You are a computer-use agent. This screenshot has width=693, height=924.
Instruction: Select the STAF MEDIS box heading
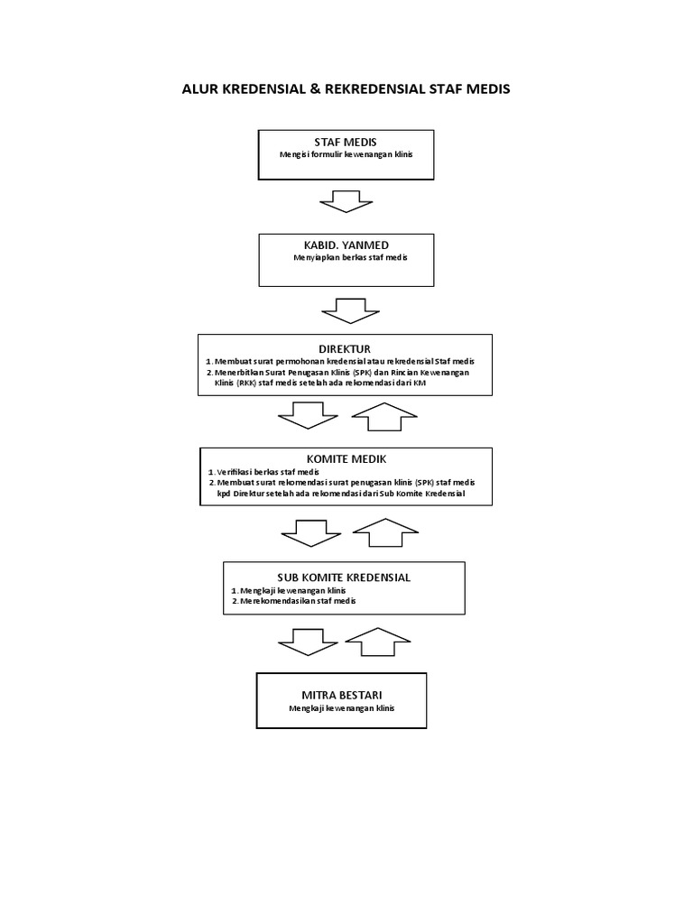[x=346, y=143]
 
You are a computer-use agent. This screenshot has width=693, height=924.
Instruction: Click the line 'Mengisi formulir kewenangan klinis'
[x=346, y=154]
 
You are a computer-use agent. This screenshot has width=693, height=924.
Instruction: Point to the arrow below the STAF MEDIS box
[x=346, y=201]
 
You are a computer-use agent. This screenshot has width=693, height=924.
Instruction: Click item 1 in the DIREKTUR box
[x=346, y=361]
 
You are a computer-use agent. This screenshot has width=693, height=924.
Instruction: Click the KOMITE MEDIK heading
[x=346, y=459]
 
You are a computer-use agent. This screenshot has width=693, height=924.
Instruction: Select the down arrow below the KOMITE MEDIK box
[x=308, y=532]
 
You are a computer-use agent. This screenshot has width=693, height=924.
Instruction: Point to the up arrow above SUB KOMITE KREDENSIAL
[x=383, y=532]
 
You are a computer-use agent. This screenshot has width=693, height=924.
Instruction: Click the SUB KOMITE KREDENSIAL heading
[x=344, y=577]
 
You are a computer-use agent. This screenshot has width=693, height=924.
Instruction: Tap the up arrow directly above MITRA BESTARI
[x=379, y=644]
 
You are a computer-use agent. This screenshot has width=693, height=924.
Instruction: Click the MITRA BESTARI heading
[x=342, y=696]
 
